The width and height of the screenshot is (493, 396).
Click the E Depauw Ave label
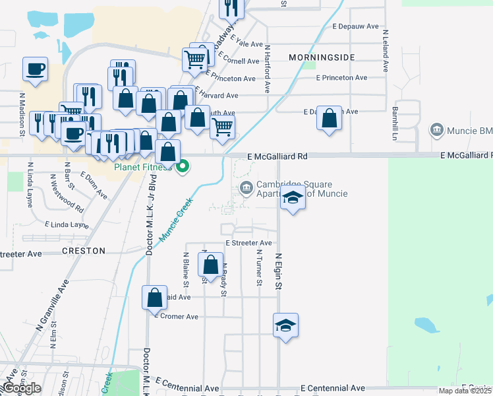point(356,26)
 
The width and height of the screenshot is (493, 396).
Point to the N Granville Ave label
point(53,304)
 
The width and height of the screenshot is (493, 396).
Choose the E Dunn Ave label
point(94,185)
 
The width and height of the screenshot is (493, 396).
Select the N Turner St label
point(259,268)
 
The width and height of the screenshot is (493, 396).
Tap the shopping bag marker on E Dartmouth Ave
point(329,119)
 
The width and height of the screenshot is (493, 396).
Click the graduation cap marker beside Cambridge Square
point(293,197)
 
